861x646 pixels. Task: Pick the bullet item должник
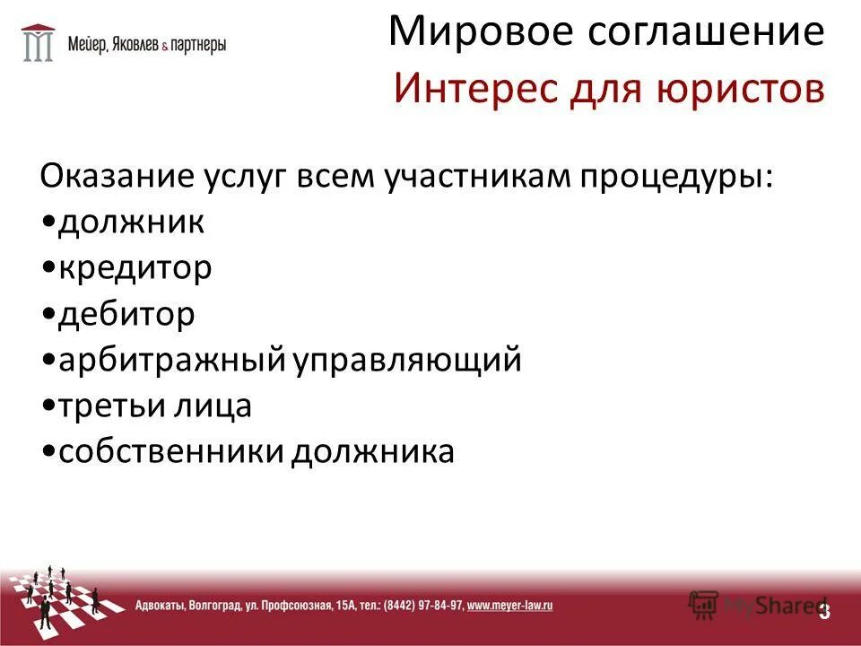pos(131,221)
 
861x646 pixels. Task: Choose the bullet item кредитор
pos(135,267)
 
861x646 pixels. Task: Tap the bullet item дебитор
pos(126,314)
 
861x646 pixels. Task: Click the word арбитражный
pos(170,361)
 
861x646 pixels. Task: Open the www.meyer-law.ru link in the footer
pos(509,606)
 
